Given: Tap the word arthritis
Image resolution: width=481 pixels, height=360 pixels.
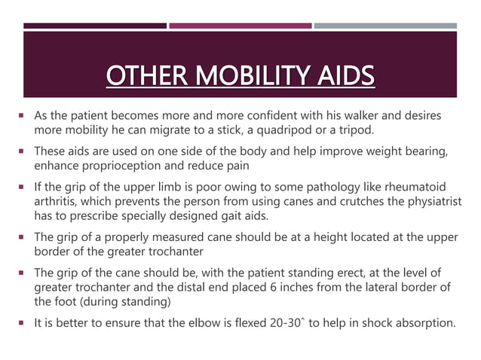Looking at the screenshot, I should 59,200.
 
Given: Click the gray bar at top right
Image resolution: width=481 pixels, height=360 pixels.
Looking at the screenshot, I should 385,26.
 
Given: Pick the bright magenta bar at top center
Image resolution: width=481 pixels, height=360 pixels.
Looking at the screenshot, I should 240,26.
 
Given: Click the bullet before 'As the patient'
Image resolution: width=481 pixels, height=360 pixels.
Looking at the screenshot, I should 24,116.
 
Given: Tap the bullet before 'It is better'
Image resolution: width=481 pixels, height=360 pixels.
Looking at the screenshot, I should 24,325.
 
